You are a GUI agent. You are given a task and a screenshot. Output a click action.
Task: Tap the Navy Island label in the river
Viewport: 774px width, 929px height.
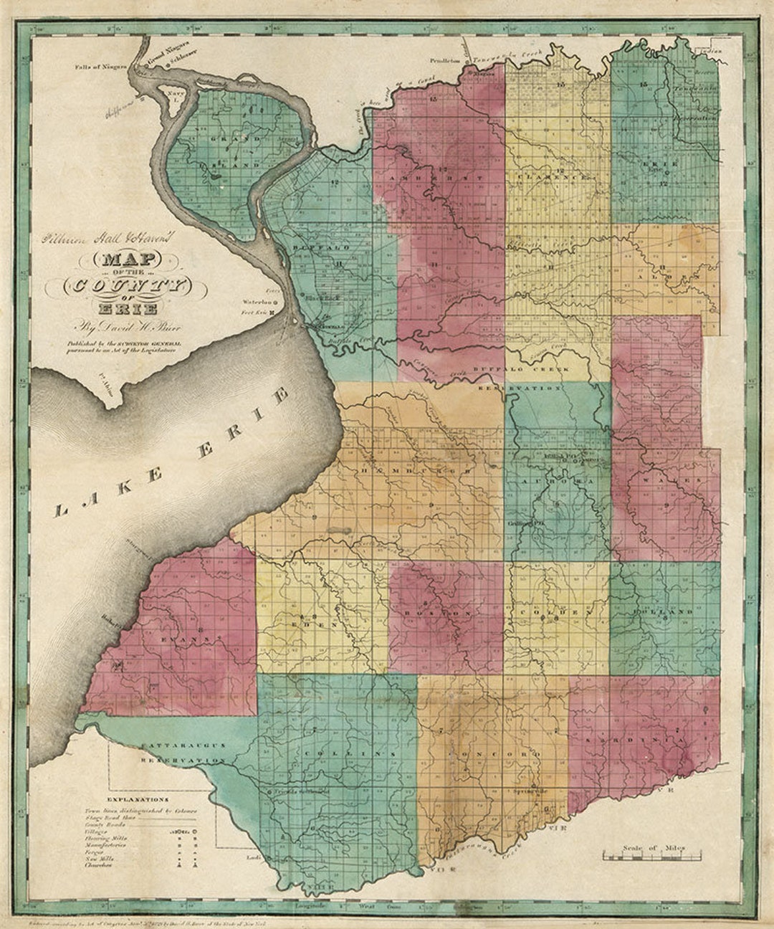[171, 94]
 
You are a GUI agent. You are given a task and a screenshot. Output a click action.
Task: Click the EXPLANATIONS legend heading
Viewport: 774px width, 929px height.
[135, 799]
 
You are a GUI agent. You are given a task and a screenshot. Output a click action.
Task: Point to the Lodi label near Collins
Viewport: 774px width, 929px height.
[251, 857]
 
